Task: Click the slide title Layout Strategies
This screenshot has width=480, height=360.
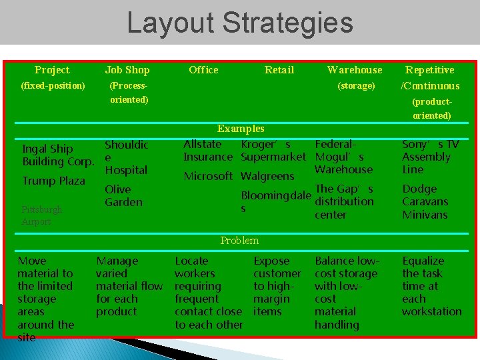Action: [240, 22]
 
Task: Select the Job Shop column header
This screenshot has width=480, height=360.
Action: [127, 70]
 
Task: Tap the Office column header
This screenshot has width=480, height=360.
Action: [203, 70]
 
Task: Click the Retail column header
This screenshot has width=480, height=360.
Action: [279, 70]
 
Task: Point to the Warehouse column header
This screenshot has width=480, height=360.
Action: [355, 70]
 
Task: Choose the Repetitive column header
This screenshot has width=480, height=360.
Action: [430, 70]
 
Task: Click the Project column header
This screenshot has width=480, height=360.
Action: [52, 70]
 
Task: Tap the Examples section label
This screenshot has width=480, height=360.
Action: [241, 129]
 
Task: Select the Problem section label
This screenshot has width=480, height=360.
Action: [239, 241]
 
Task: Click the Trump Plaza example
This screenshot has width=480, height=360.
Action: [53, 181]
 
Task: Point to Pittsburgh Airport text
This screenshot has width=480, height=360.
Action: [41, 215]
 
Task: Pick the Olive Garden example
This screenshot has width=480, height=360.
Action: [123, 195]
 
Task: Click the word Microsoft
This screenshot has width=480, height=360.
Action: [208, 176]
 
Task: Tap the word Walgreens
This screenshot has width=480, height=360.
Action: [267, 177]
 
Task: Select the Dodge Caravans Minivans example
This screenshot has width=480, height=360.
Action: [425, 202]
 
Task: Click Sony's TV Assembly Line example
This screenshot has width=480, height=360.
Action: [430, 157]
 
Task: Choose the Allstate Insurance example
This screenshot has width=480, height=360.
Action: [208, 151]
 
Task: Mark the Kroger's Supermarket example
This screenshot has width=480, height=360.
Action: [273, 151]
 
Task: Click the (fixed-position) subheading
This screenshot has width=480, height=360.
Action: [53, 86]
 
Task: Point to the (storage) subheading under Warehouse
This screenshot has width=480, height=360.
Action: [356, 86]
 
